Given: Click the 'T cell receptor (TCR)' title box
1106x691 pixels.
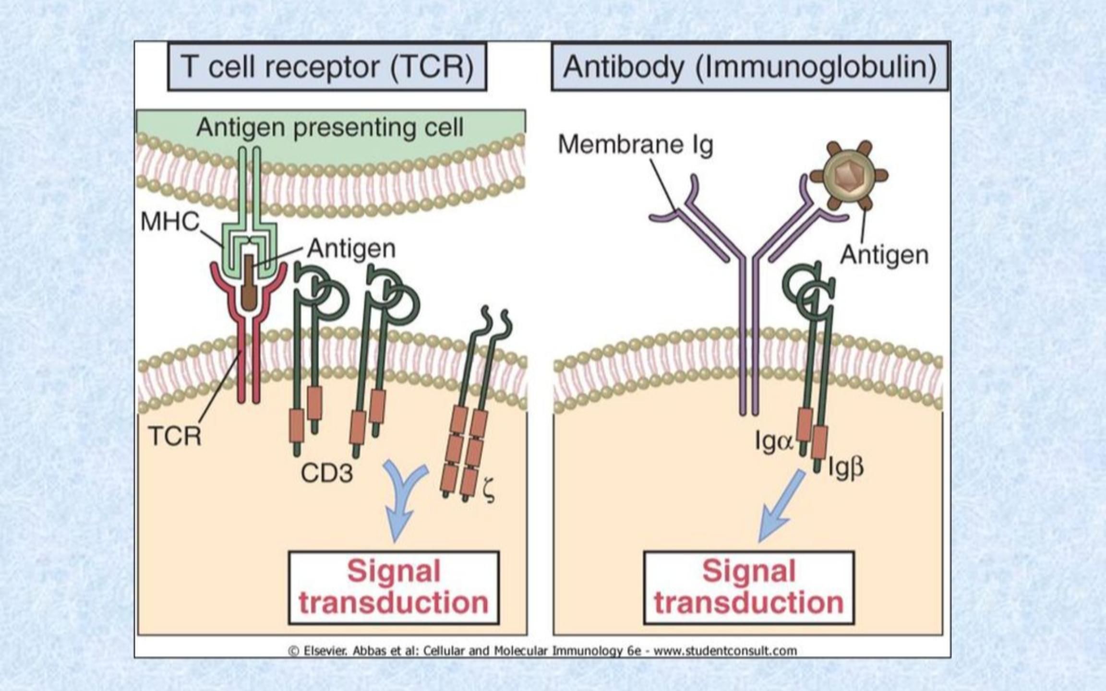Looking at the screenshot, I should point(327,67).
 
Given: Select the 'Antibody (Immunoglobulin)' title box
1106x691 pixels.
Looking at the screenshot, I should point(750,67).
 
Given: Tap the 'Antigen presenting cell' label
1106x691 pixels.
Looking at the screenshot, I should point(330,128).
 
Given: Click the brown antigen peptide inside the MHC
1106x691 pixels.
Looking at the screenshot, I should point(249,283).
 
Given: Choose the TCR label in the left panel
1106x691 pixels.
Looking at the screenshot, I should point(175,436).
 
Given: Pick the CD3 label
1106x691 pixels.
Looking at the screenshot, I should point(327,473).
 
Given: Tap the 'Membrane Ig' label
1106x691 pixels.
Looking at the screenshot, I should point(635,144).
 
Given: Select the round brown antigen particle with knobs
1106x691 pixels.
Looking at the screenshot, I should point(849,176).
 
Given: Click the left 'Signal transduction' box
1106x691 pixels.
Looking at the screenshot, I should point(394,587).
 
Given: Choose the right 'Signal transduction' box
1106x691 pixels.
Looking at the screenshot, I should point(749,587).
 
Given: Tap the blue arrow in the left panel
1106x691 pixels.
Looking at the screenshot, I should point(402,499).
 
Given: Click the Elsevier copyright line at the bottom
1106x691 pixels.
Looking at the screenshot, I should point(542,651).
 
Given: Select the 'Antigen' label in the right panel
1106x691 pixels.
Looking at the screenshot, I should point(884,255).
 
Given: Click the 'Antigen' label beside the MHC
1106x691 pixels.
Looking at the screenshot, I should point(351,249).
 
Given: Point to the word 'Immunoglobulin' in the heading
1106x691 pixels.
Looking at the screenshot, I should point(816,67).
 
